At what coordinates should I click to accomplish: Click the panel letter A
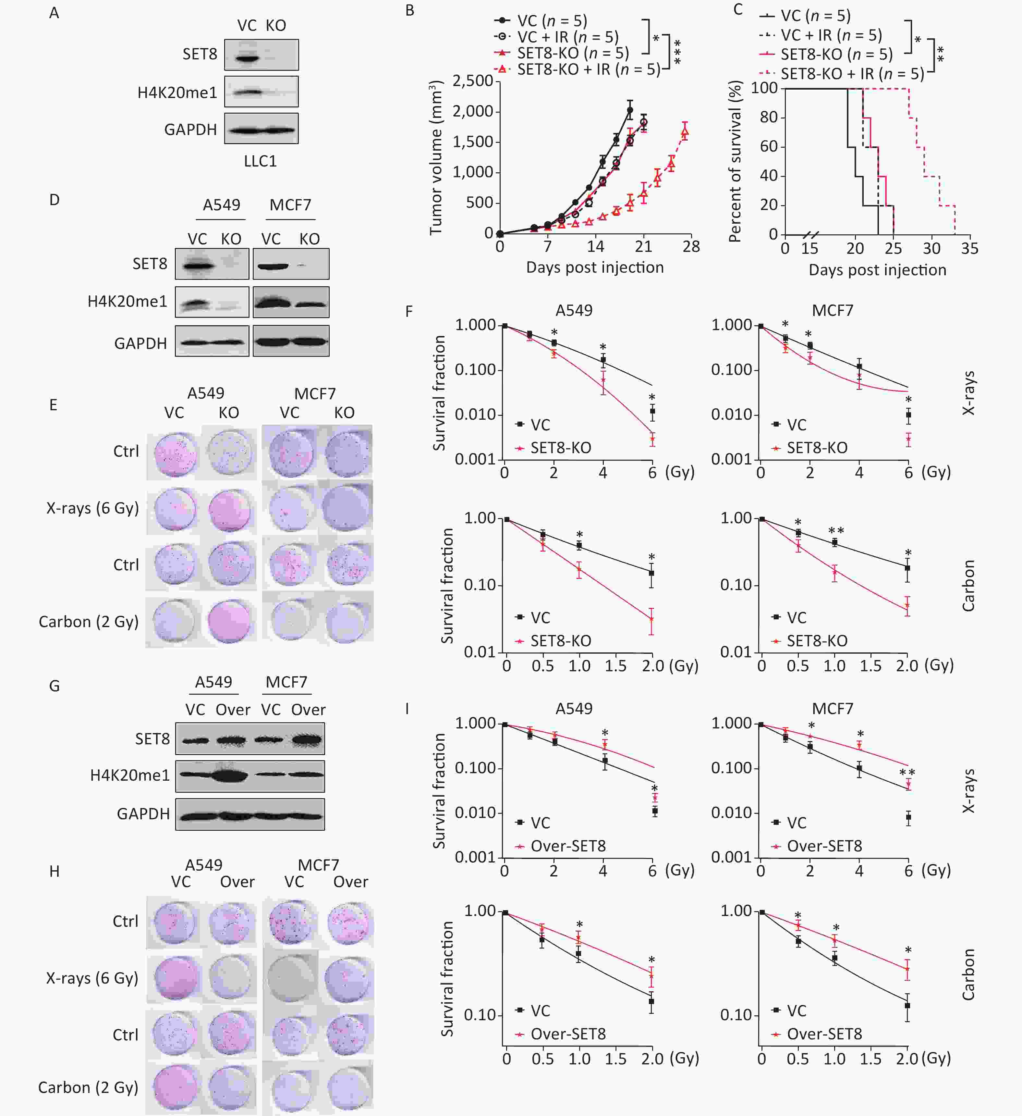(54, 13)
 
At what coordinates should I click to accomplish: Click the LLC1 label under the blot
(260, 161)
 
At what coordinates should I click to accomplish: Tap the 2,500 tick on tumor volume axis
(472, 81)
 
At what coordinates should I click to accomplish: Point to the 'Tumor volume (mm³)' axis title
(436, 158)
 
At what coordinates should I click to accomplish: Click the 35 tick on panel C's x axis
(969, 249)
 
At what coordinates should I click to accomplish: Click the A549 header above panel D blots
(221, 205)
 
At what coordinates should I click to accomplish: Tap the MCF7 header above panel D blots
(290, 205)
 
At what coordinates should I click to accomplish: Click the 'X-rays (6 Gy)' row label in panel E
(92, 508)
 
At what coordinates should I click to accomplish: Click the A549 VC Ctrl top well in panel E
(175, 454)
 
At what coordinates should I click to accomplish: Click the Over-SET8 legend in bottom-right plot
(824, 1034)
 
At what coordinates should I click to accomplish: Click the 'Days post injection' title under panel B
(594, 267)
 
